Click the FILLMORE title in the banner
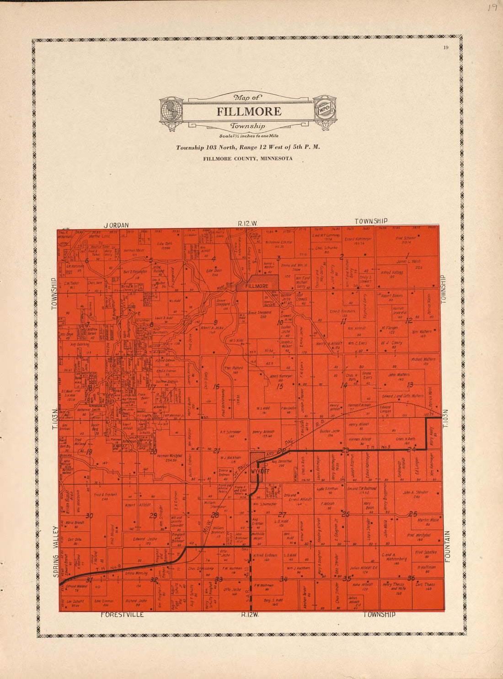249,112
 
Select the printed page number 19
445,48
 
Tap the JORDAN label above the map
116,225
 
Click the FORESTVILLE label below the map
122,615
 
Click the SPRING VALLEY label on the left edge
56,551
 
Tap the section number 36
411,577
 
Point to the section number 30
89,516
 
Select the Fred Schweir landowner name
406,239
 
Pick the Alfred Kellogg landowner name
391,272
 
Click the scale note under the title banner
248,136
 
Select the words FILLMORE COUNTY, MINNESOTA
248,159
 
